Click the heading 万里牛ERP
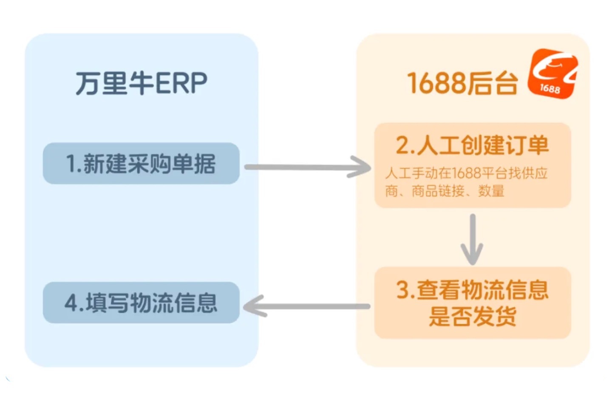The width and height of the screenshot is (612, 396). (141, 83)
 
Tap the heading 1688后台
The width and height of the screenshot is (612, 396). (462, 83)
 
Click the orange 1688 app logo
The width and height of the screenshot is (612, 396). (553, 73)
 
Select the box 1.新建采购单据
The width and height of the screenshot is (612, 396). (141, 164)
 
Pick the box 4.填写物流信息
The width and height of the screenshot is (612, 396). (141, 303)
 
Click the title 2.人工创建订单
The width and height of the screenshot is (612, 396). (472, 145)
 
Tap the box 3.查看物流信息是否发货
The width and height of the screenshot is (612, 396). (472, 303)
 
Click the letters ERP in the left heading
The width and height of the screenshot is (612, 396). (181, 83)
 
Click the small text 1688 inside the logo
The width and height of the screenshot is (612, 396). (550, 88)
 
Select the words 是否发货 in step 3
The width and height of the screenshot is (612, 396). (472, 316)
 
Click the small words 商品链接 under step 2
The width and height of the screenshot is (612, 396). (438, 191)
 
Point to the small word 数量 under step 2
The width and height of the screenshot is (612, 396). (491, 191)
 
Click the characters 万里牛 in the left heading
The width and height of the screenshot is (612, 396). (115, 83)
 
